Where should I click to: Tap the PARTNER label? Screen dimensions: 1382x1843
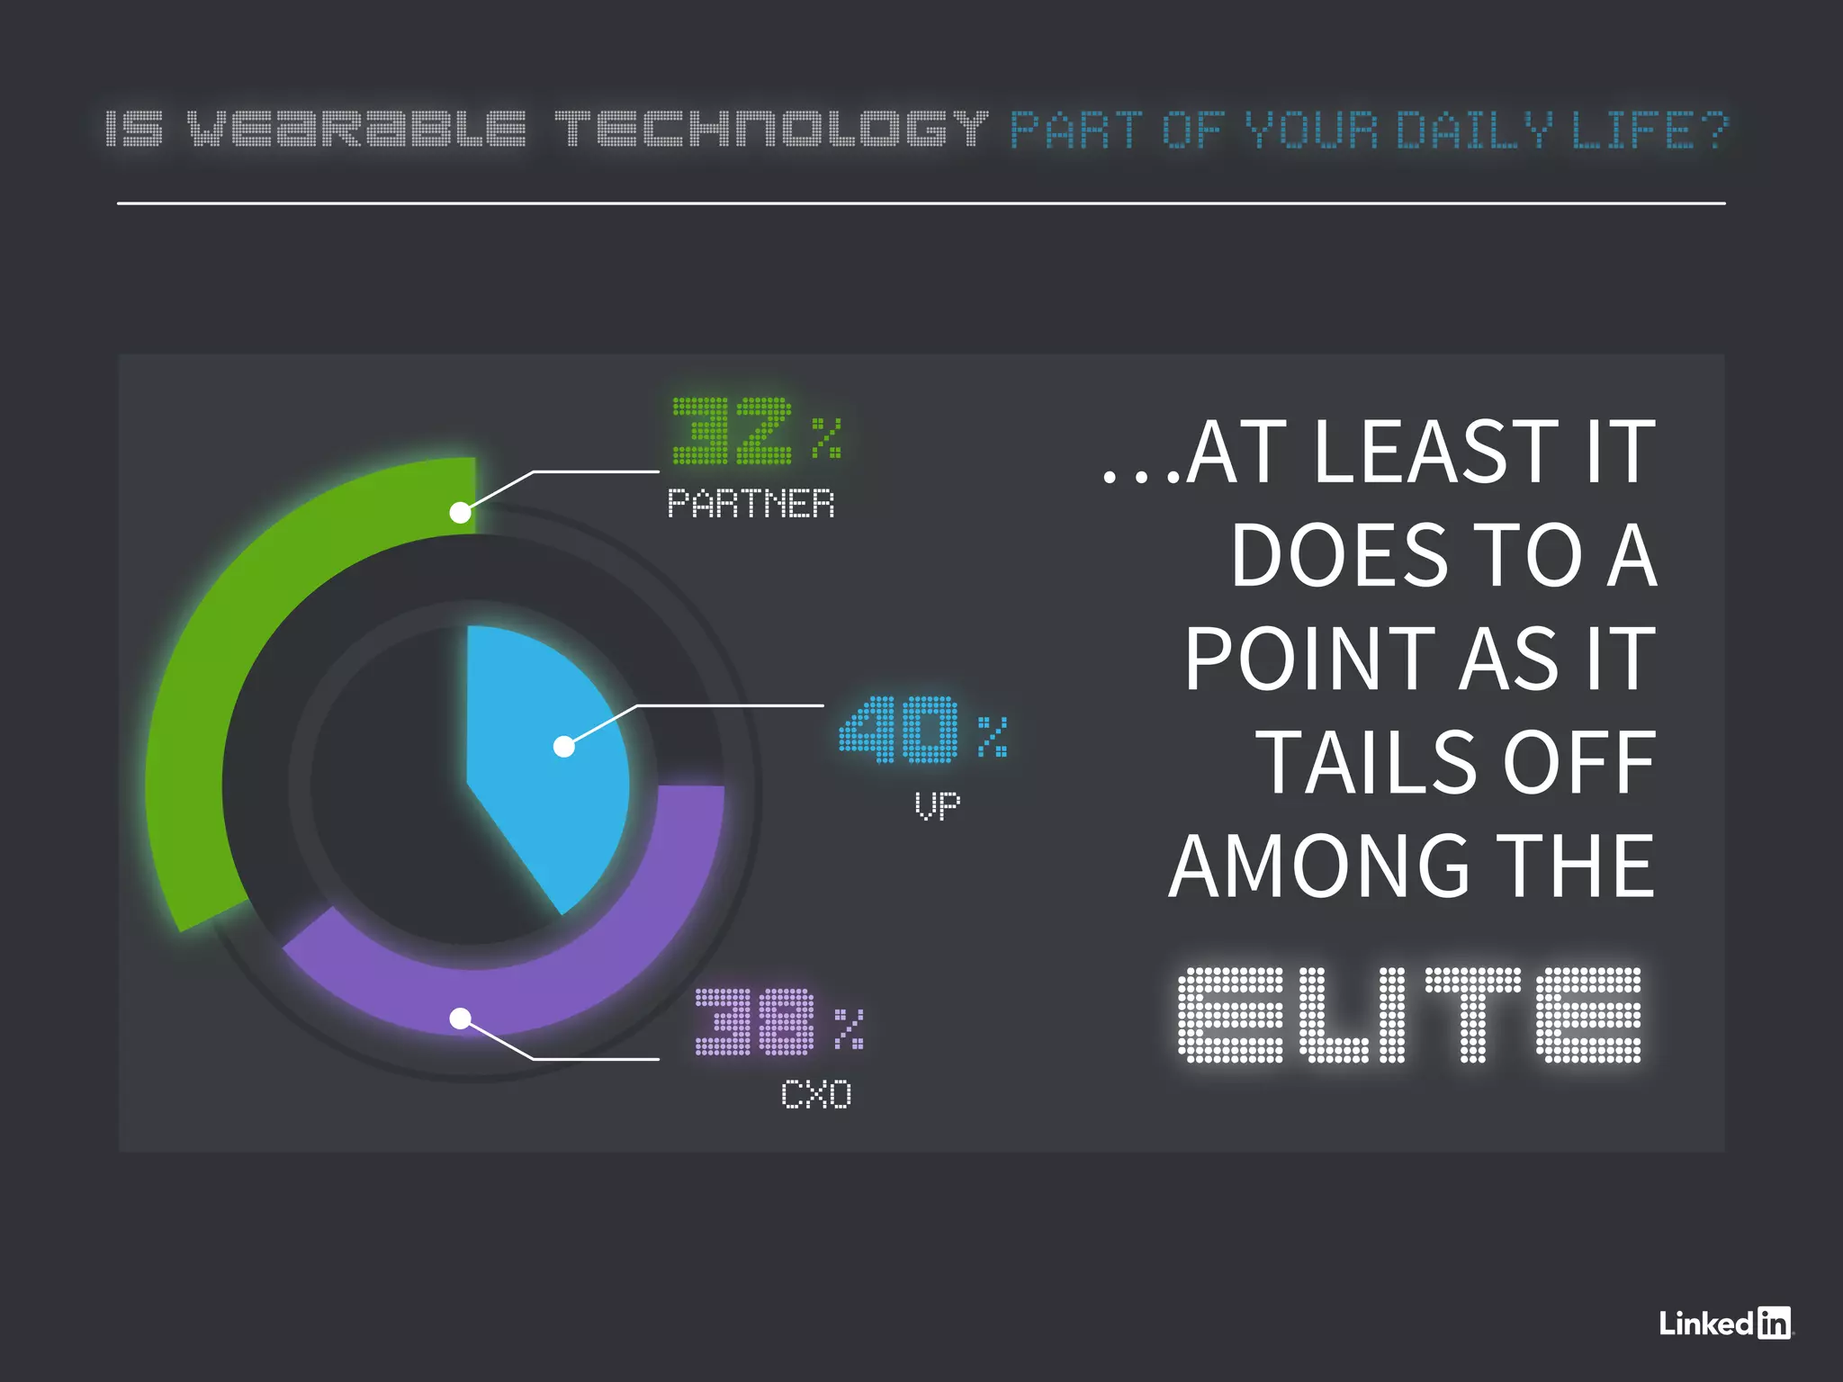click(x=751, y=504)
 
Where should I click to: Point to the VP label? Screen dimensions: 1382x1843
click(x=937, y=805)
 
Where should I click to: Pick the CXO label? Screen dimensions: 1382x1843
click(x=815, y=1095)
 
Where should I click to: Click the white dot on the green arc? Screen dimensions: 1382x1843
click(x=460, y=513)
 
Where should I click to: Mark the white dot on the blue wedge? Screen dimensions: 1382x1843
click(x=564, y=747)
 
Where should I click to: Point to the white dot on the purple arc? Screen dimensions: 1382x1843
click(x=460, y=1019)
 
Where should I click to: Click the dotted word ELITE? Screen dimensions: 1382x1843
click(x=1409, y=1015)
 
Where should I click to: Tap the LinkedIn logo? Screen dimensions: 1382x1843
click(x=1725, y=1324)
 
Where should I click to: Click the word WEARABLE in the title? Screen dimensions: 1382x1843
click(x=356, y=130)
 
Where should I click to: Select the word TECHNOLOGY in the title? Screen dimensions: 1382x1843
click(x=771, y=130)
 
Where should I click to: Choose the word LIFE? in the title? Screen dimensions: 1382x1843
click(x=1649, y=130)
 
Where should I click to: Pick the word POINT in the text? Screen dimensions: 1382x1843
click(x=1309, y=660)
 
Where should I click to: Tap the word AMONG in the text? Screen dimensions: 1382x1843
click(x=1318, y=866)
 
